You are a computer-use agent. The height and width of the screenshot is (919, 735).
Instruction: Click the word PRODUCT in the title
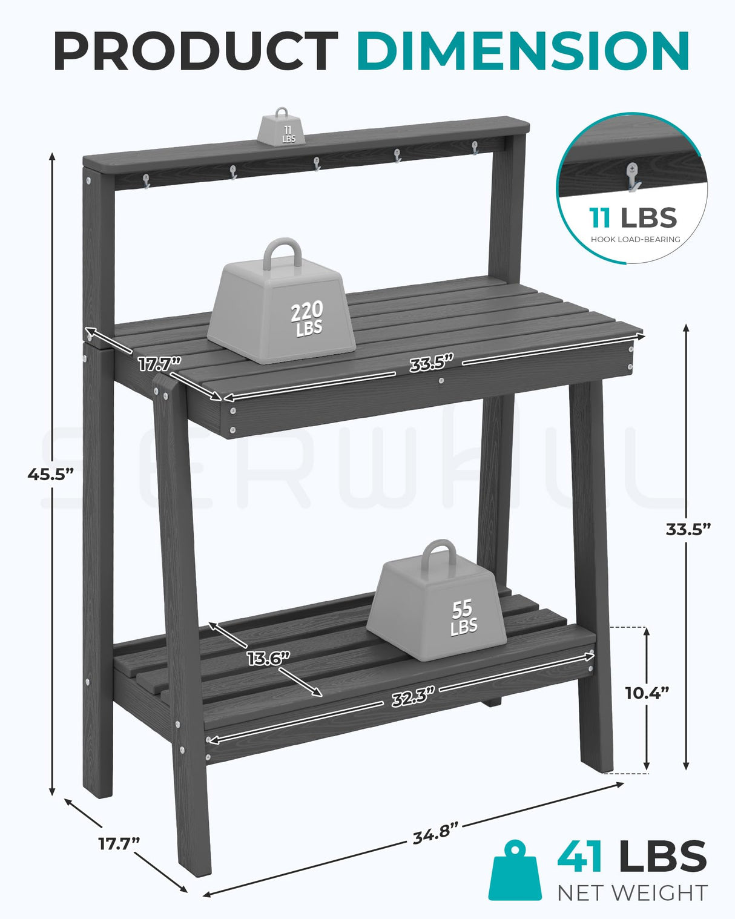(x=195, y=51)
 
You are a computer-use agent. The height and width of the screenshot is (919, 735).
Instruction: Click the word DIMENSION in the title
(x=523, y=51)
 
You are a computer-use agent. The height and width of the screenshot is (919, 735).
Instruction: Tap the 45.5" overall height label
(x=50, y=474)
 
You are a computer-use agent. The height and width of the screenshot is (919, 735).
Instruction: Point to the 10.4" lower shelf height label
(x=647, y=693)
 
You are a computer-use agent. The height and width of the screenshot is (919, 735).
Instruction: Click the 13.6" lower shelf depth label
(x=268, y=658)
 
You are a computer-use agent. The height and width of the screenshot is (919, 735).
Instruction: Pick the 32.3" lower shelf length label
(x=413, y=697)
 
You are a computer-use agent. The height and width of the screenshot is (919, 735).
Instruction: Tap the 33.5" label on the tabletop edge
(x=431, y=363)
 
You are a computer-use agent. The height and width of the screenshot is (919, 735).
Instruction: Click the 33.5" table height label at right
(x=688, y=529)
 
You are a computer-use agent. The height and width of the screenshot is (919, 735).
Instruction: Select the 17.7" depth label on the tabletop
(x=159, y=364)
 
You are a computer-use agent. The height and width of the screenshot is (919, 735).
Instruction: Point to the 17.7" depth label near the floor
(x=119, y=843)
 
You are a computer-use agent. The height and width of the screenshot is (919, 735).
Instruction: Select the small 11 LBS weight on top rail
(x=282, y=128)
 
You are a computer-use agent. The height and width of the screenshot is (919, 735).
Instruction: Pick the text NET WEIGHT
(x=632, y=893)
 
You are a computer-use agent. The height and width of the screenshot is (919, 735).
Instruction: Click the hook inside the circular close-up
(x=633, y=177)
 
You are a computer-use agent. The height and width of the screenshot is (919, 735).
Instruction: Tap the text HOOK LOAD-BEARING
(x=635, y=239)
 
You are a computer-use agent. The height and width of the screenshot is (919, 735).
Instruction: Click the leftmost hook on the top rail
(x=146, y=180)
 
